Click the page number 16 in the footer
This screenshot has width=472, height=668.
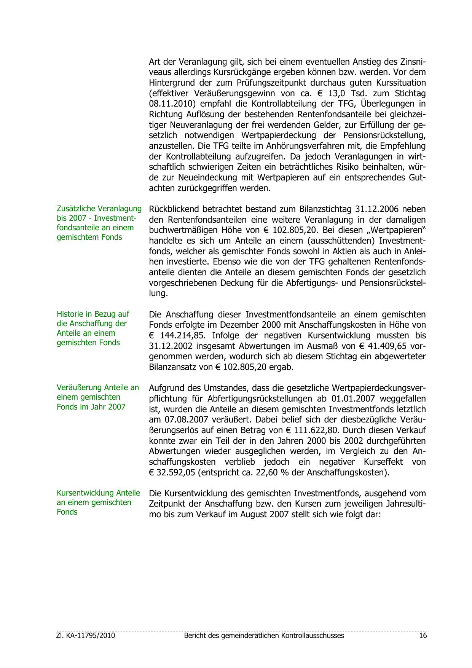click(x=423, y=636)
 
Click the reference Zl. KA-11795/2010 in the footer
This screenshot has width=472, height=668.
click(x=86, y=636)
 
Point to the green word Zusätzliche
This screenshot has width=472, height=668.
click(x=76, y=209)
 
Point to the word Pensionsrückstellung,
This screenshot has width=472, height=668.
click(x=384, y=136)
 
